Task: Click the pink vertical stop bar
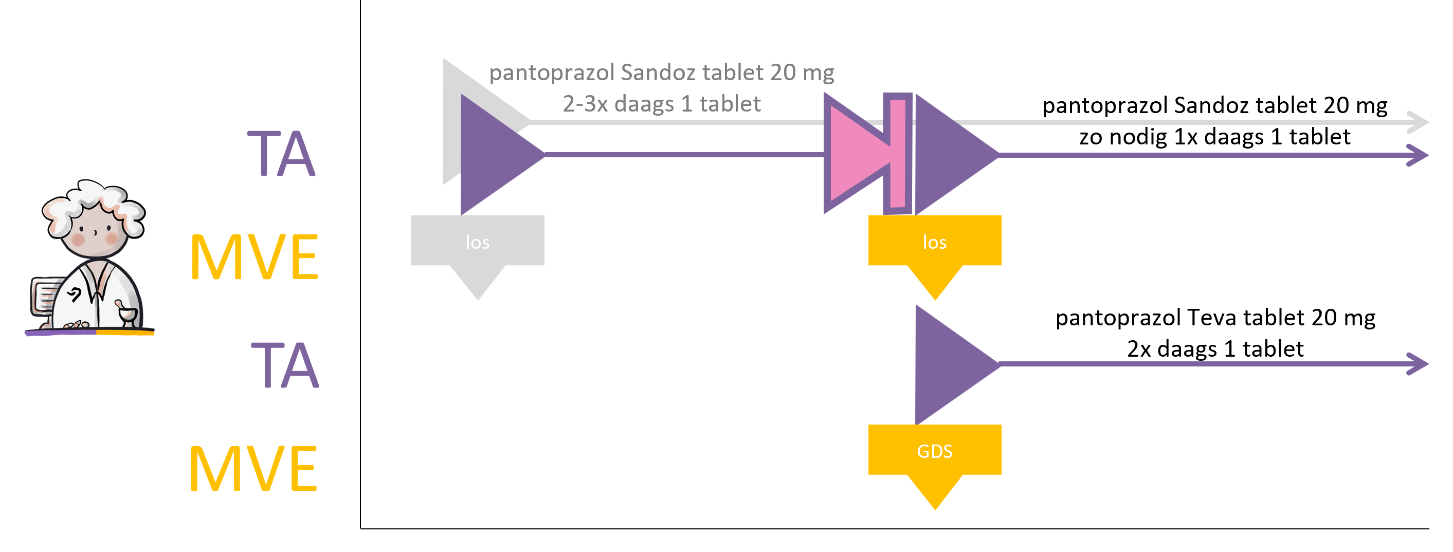[897, 153]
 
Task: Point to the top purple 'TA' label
[281, 153]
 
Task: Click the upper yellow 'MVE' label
[255, 257]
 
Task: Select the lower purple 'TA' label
[285, 365]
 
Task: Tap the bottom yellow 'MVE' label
[253, 468]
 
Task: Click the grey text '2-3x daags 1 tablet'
[662, 104]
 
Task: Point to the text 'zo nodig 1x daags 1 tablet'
[1214, 136]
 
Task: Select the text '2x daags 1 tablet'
[1215, 348]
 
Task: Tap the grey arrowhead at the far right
[1418, 122]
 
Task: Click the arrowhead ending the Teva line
[1418, 364]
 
